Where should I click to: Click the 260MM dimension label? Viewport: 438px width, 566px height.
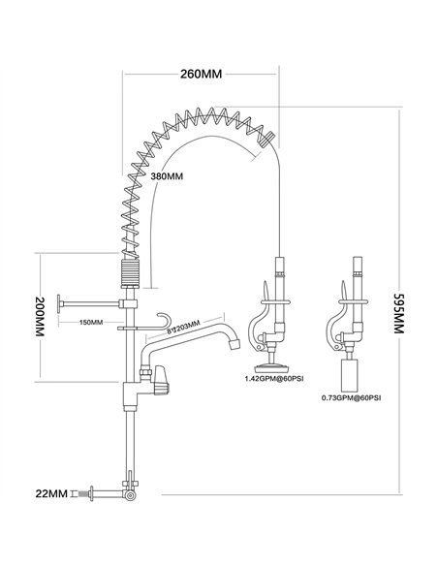tap(201, 74)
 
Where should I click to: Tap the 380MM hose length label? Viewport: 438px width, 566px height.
tap(167, 176)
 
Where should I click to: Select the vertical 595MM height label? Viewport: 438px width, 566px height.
tap(398, 313)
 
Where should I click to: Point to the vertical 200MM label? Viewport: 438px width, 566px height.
tap(40, 317)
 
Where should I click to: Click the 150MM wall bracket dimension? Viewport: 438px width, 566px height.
tap(91, 322)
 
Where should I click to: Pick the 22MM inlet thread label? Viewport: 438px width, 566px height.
tap(51, 493)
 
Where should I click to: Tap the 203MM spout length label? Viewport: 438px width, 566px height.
tap(183, 327)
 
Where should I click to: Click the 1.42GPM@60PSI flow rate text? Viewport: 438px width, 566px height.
tap(274, 379)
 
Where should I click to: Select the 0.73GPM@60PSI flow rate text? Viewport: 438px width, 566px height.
tap(351, 398)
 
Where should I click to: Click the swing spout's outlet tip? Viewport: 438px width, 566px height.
tap(235, 344)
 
